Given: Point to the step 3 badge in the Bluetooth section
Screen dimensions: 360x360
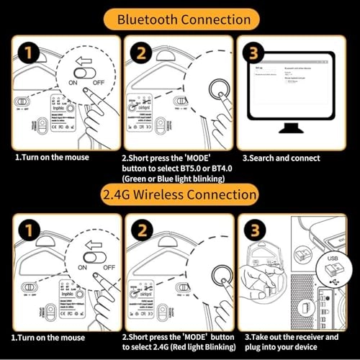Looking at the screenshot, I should click(253, 53).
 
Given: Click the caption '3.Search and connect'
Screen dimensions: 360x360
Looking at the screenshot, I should click(281, 156).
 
